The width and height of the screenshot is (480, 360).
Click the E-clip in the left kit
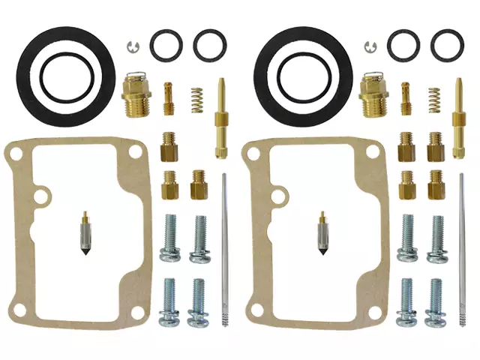point(133,46)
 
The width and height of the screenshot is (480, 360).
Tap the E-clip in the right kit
point(370,46)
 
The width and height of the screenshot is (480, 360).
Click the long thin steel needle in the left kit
point(224,247)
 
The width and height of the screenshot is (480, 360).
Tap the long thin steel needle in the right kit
point(461,247)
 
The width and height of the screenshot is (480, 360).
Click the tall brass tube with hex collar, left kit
point(222,116)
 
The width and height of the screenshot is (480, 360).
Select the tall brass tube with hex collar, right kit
point(459,116)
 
